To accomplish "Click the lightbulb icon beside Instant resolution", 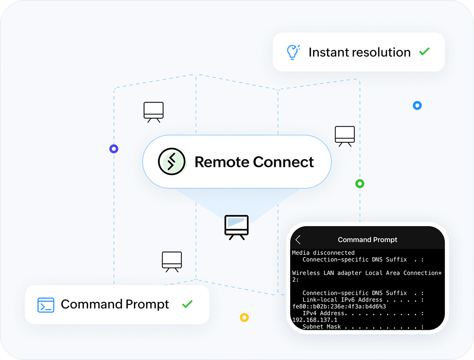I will (293, 52).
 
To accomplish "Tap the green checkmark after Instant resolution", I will (424, 52).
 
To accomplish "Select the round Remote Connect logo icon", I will (172, 162).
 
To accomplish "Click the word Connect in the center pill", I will (283, 162).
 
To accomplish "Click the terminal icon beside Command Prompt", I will (46, 305).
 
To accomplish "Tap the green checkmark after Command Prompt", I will (187, 304).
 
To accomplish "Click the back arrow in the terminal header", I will (298, 240).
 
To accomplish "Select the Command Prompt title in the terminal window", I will (367, 240).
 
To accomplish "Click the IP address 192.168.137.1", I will (314, 320).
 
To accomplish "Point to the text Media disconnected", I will (323, 253).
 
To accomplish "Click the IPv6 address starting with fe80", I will (339, 306).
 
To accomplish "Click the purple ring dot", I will (114, 149).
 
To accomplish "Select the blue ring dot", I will (417, 105).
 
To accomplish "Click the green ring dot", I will (360, 184).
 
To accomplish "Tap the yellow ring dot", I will (244, 317).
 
